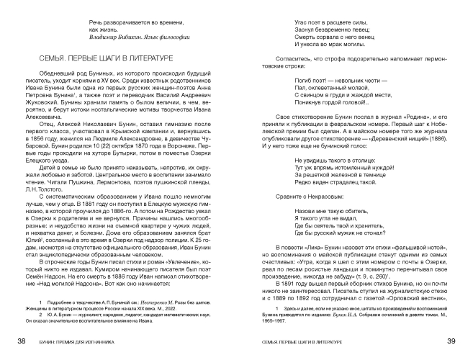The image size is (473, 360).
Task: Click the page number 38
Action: click(22, 341)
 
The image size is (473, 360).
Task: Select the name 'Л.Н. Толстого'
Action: click(63, 186)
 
